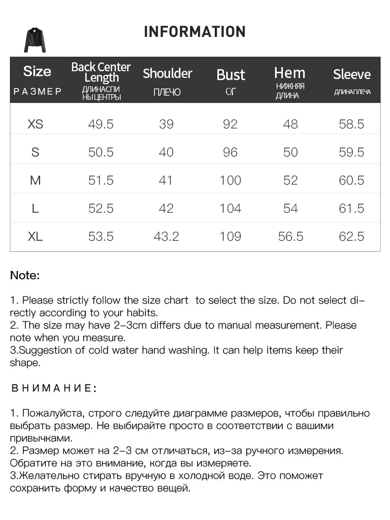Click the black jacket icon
pyautogui.click(x=35, y=40)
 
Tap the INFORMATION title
pyautogui.click(x=194, y=32)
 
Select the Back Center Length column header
pyautogui.click(x=101, y=72)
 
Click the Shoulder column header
pyautogui.click(x=167, y=73)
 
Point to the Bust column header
pyautogui.click(x=230, y=75)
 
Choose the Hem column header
pyautogui.click(x=290, y=73)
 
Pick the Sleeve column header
pyautogui.click(x=352, y=74)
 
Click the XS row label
pyautogui.click(x=35, y=124)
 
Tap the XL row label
pyautogui.click(x=35, y=237)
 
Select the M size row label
pyautogui.click(x=35, y=180)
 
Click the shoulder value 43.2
pyautogui.click(x=166, y=237)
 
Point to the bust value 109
pyautogui.click(x=230, y=237)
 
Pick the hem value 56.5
pyautogui.click(x=291, y=237)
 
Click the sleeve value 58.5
pyautogui.click(x=352, y=124)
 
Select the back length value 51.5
pyautogui.click(x=101, y=180)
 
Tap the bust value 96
pyautogui.click(x=230, y=152)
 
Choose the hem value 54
pyautogui.click(x=291, y=209)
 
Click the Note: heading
pyautogui.click(x=25, y=276)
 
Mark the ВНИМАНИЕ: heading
pyautogui.click(x=53, y=388)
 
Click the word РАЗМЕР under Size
pyautogui.click(x=37, y=92)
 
